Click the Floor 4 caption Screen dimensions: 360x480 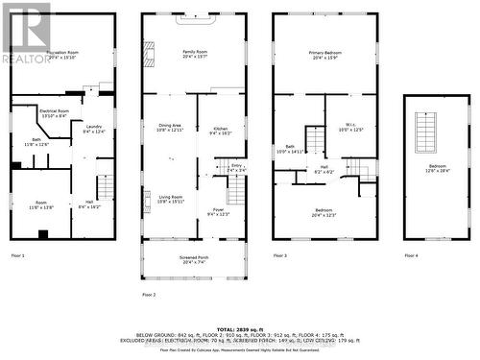click(412, 255)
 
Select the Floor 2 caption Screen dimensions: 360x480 click(150, 294)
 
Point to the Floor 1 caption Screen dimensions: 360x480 click(17, 255)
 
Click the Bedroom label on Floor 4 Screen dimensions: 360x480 click(437, 169)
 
